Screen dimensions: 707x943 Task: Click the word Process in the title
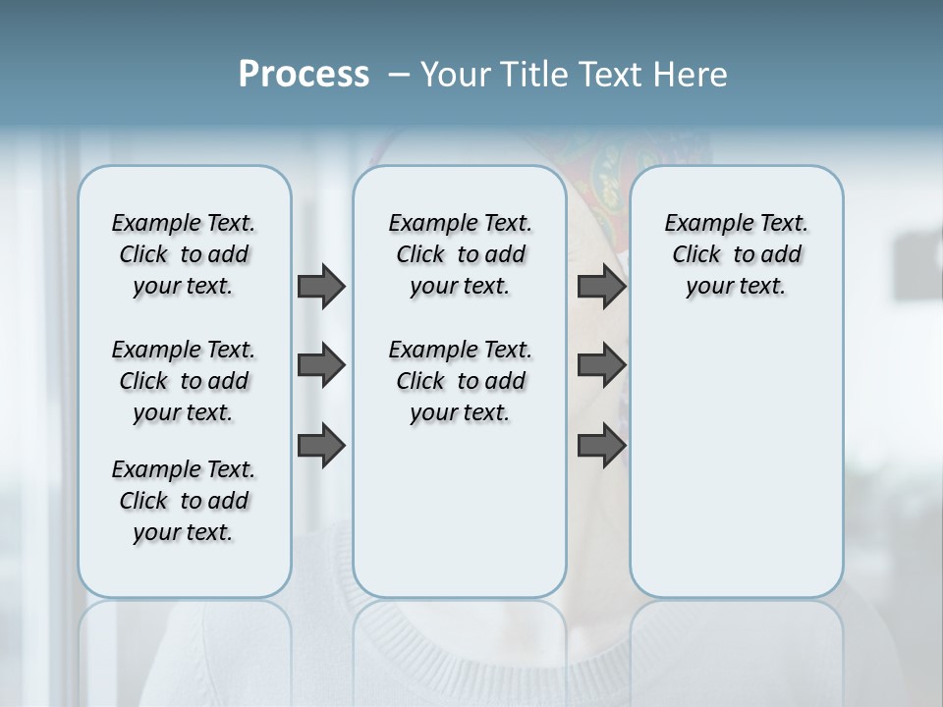[x=304, y=75]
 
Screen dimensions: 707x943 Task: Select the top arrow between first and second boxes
[x=320, y=286]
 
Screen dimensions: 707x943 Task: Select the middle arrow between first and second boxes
[x=320, y=365]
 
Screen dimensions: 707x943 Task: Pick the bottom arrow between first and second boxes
[x=320, y=446]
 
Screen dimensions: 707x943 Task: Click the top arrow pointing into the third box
[x=601, y=286]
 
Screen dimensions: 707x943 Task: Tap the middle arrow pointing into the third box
[x=601, y=365]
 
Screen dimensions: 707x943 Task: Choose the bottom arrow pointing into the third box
[x=601, y=446]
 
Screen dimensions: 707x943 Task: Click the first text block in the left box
[x=184, y=254]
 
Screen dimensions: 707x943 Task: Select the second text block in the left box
[x=184, y=381]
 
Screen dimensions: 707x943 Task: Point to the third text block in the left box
[x=184, y=501]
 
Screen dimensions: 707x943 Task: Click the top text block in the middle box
[x=460, y=254]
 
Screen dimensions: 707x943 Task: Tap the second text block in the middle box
[x=460, y=381]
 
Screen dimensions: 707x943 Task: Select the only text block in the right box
[x=736, y=254]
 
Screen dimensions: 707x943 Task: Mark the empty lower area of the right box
[x=736, y=462]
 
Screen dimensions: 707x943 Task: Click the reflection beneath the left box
[x=185, y=638]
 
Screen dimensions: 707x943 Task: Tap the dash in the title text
[x=398, y=75]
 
